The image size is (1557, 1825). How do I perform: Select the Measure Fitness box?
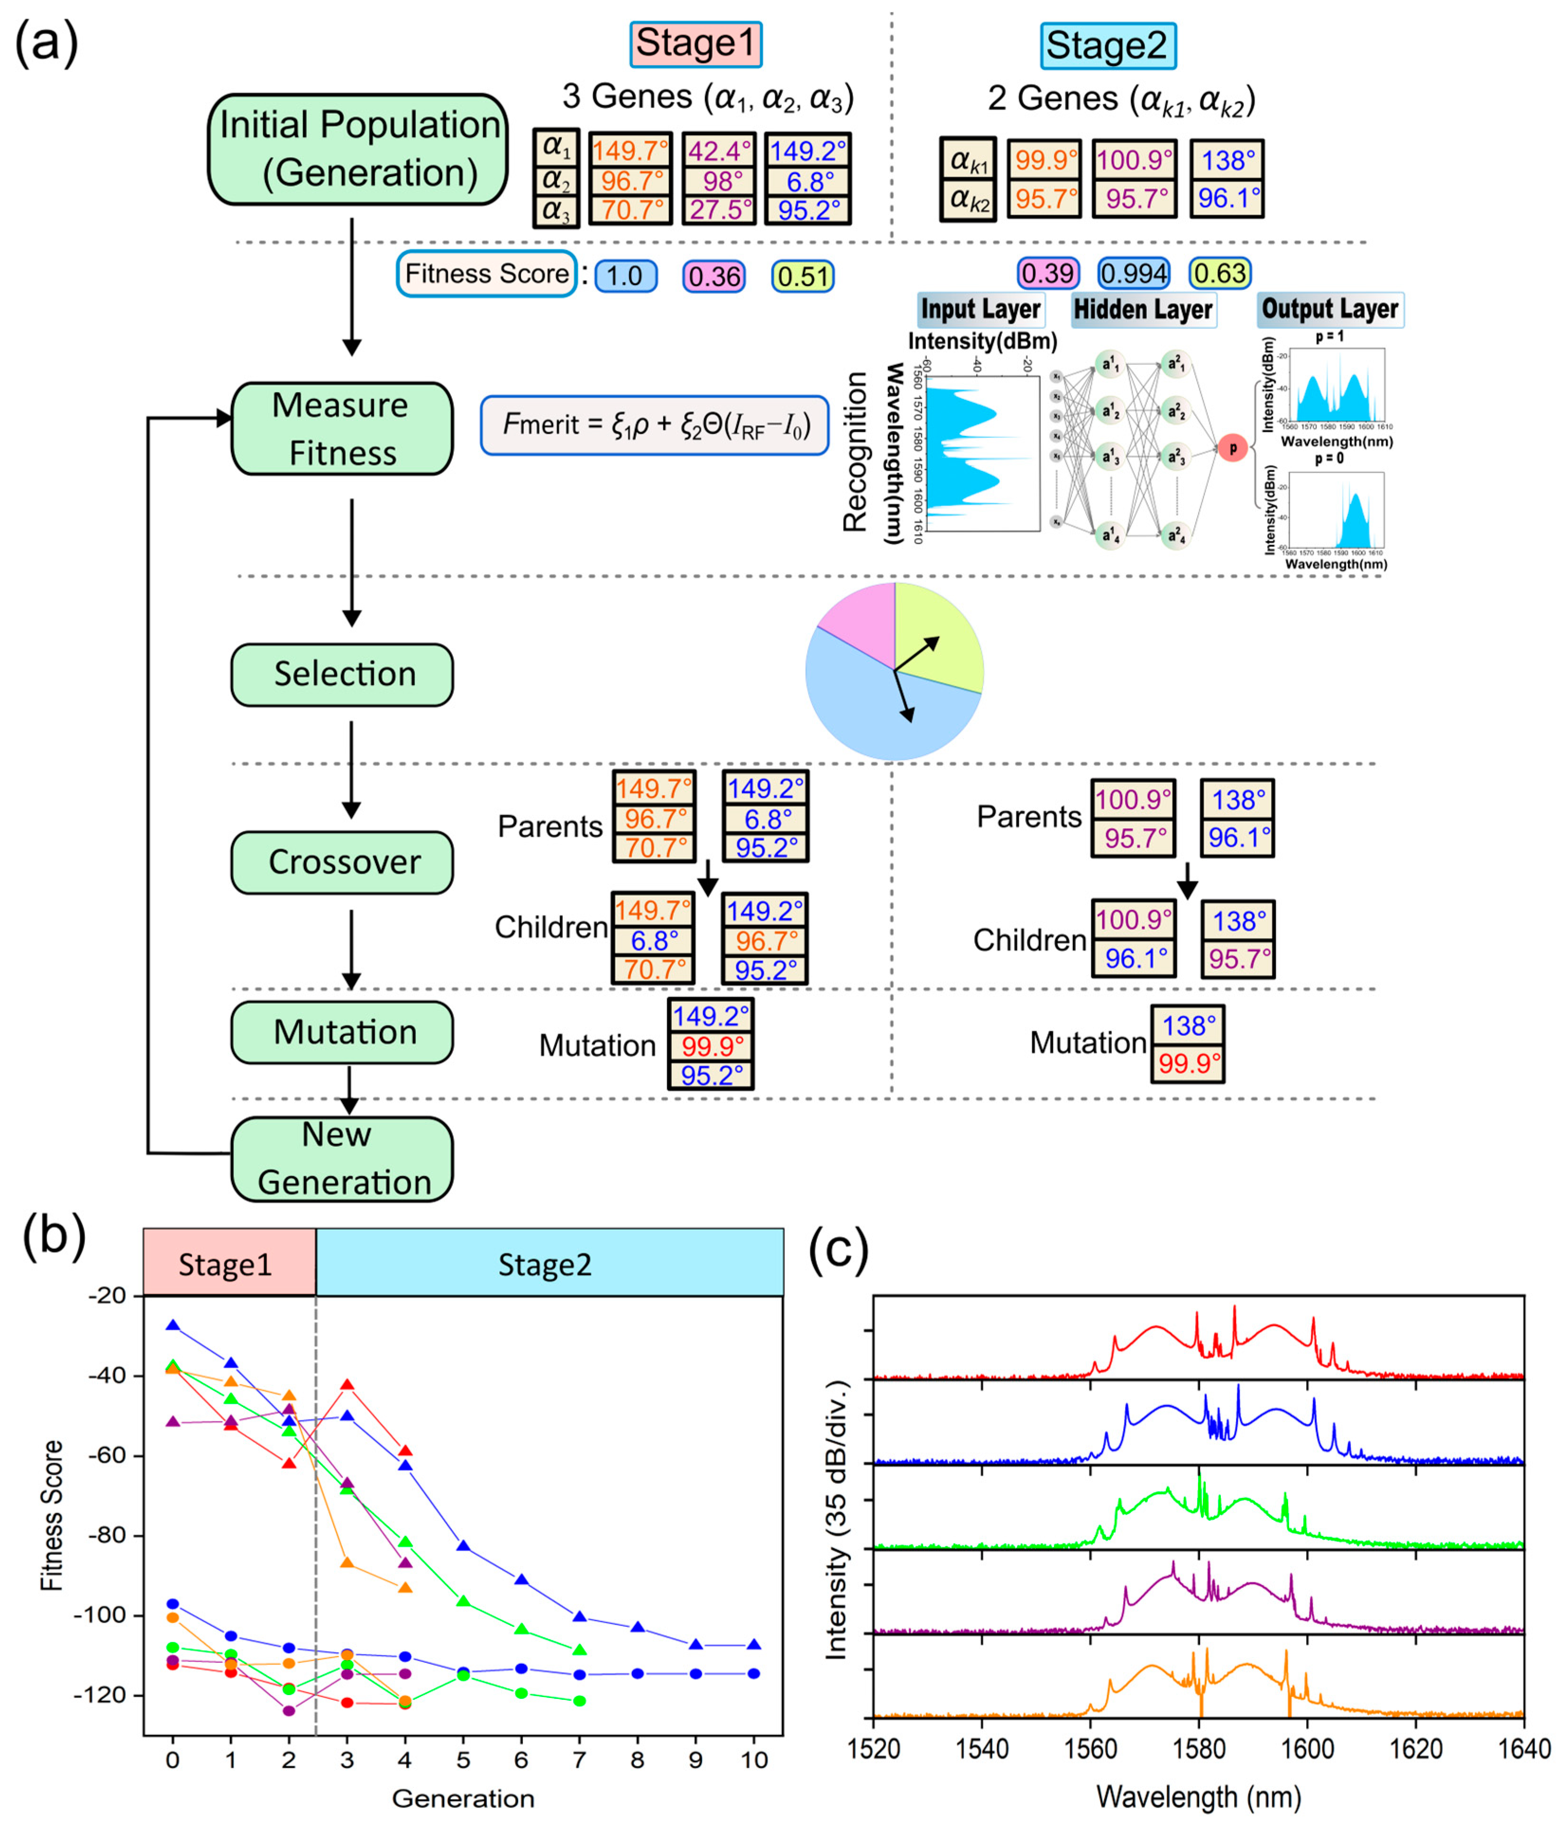tap(342, 429)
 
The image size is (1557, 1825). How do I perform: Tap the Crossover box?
tap(342, 863)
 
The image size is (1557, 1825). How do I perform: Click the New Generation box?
tap(342, 1159)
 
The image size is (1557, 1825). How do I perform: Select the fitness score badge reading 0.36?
tap(714, 277)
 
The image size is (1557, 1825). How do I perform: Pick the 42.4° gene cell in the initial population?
tap(719, 151)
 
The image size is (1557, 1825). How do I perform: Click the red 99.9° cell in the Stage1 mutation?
tap(710, 1046)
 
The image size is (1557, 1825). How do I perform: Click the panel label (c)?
tap(838, 1249)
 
